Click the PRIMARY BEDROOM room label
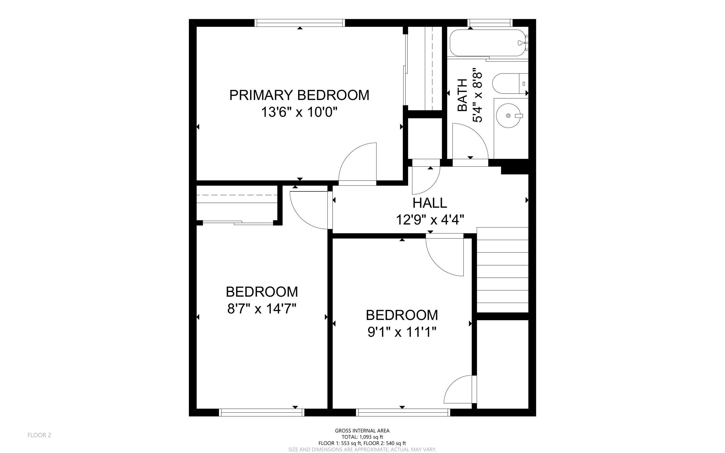299,95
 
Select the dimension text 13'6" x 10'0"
299,112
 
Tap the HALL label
430,203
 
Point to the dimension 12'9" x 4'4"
430,219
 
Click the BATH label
463,95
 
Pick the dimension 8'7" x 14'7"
262,309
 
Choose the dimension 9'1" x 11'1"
402,332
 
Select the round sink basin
508,116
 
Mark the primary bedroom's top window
300,23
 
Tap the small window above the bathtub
490,23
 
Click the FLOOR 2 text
39,435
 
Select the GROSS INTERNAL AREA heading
362,431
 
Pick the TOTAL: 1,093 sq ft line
362,437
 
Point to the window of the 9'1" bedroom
403,413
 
